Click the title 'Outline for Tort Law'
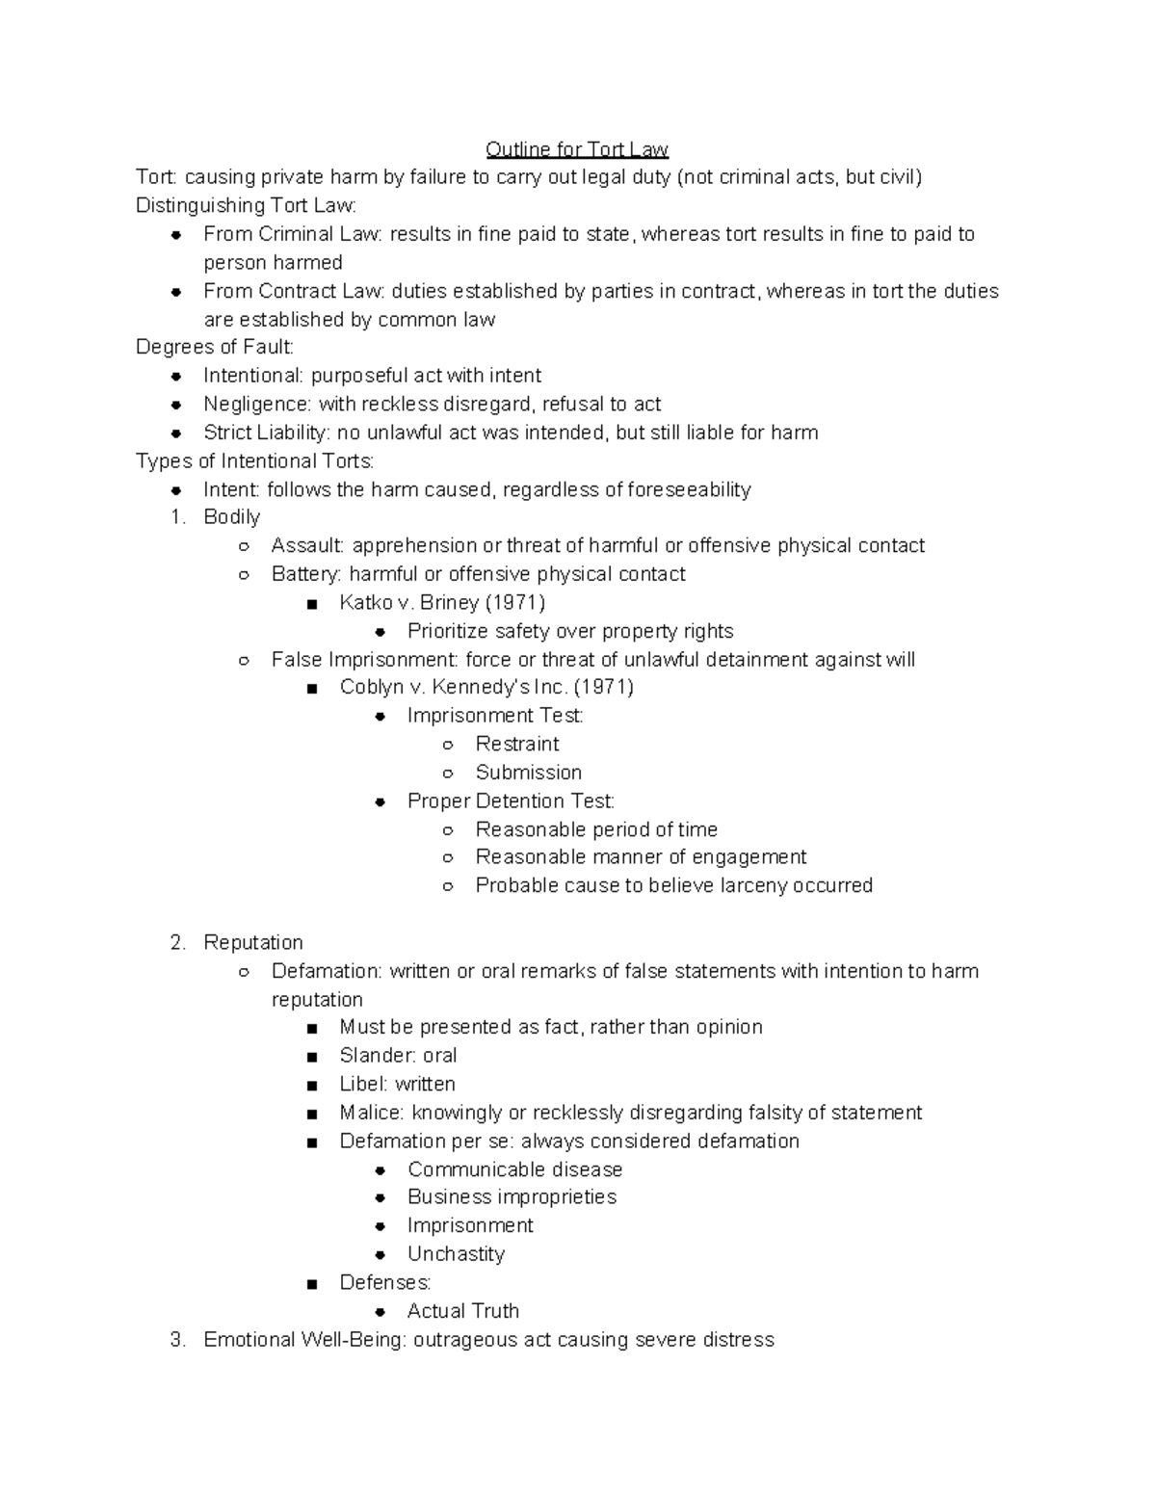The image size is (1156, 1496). point(576,149)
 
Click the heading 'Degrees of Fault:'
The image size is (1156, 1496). point(215,347)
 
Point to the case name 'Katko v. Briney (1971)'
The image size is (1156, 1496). point(442,603)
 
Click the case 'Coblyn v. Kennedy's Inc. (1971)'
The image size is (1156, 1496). point(486,687)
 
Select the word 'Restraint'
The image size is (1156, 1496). point(517,744)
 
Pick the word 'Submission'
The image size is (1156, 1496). point(529,773)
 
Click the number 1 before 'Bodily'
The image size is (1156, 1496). point(176,517)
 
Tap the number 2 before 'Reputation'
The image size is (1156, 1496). point(176,942)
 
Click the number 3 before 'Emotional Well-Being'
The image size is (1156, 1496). point(176,1340)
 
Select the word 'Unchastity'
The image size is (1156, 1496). point(456,1254)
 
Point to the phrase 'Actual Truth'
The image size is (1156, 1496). point(463,1311)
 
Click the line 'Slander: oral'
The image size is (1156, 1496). point(398,1056)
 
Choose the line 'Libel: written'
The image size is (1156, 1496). point(397,1084)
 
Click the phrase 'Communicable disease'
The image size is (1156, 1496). point(514,1169)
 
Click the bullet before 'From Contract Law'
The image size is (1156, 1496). point(176,292)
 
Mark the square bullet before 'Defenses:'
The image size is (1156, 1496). point(310,1284)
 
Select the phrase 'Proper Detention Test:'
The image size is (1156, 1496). point(511,801)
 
